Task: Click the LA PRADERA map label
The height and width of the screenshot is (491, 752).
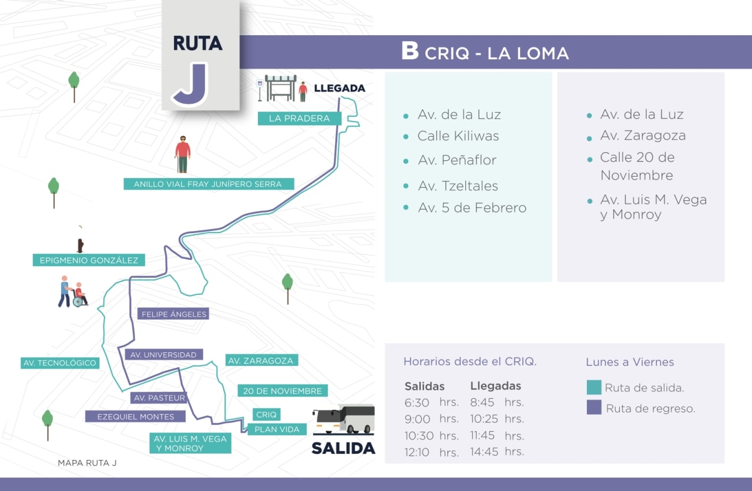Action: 299,119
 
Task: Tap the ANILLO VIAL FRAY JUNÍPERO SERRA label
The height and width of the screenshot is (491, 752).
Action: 207,184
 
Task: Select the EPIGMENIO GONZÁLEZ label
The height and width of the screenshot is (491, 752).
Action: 89,260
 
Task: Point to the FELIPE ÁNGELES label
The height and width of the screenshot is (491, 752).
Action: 173,314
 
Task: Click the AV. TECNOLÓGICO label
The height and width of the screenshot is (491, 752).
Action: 59,363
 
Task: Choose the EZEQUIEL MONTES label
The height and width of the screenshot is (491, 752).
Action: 135,416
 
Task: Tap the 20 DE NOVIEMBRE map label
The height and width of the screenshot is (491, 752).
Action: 283,391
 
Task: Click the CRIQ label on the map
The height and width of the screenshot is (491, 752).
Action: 267,415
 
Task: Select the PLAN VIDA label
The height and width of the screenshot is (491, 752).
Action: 277,429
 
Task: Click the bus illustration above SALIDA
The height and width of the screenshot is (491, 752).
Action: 344,420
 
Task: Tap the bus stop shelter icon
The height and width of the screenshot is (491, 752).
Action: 280,88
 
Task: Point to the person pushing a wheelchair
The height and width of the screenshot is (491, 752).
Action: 72,292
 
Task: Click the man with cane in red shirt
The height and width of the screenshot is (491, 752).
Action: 183,154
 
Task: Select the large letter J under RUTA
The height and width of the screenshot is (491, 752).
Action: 190,84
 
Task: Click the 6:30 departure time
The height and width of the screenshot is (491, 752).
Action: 417,403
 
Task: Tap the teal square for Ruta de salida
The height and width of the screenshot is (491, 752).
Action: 594,388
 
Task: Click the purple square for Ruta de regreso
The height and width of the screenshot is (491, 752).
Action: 594,408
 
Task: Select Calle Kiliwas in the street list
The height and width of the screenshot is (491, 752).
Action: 458,136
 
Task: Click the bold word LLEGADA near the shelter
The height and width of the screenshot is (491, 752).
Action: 340,89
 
